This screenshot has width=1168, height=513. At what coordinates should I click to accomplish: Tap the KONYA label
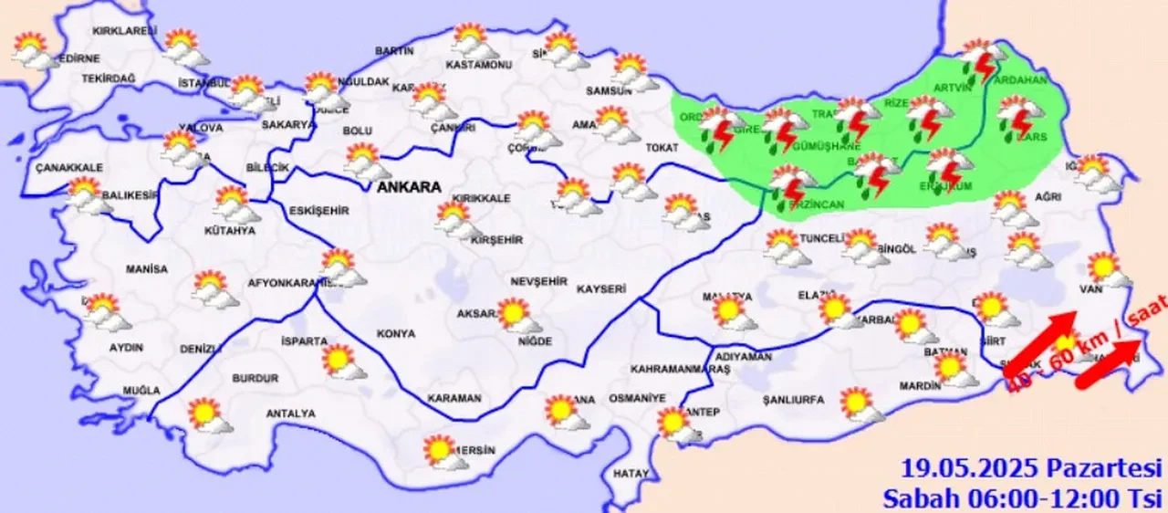pos(395,334)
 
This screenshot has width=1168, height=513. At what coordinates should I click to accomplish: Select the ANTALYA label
pos(290,414)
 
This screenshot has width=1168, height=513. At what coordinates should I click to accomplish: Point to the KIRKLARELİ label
pos(120,31)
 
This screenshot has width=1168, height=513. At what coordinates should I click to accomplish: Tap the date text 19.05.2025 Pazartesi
pos(1032,469)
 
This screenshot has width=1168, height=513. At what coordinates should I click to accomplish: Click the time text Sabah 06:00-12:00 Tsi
pos(1022,498)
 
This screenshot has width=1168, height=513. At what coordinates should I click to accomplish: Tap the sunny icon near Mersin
pos(442,451)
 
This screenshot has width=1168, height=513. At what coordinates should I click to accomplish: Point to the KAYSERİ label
pos(601,288)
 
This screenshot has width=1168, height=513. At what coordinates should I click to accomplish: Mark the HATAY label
pos(631,474)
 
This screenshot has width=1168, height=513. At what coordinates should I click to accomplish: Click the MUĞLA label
pos(141,391)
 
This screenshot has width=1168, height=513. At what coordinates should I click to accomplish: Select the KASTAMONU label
pos(478,66)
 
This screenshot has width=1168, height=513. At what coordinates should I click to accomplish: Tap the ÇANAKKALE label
pos(69,168)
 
